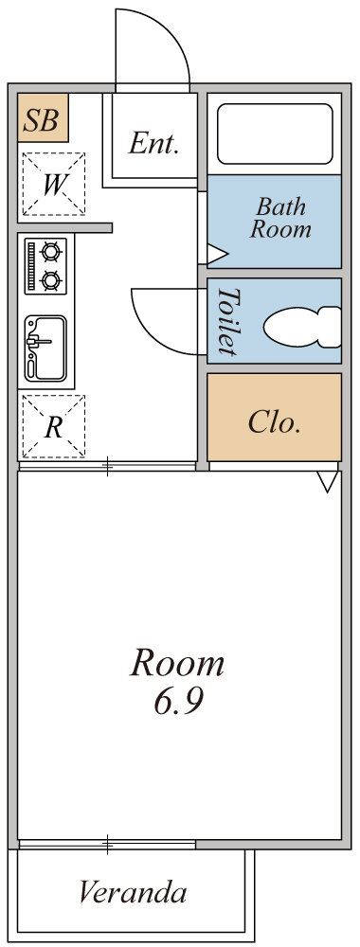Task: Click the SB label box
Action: pyautogui.click(x=43, y=117)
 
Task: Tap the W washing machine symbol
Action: pyautogui.click(x=54, y=185)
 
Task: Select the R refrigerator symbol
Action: pyautogui.click(x=54, y=426)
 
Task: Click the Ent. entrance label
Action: pyautogui.click(x=154, y=144)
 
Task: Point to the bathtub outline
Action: pyautogui.click(x=275, y=134)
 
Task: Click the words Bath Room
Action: pyautogui.click(x=280, y=218)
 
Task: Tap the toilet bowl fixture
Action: pyautogui.click(x=302, y=328)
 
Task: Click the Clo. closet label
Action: pyautogui.click(x=274, y=423)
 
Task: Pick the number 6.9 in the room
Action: pyautogui.click(x=178, y=701)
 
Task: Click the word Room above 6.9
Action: pyautogui.click(x=177, y=663)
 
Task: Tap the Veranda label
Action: pyautogui.click(x=133, y=891)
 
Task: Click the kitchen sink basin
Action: pyautogui.click(x=45, y=348)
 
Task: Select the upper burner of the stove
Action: pyautogui.click(x=51, y=250)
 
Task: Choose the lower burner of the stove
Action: pyautogui.click(x=51, y=280)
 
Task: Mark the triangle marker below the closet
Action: pyautogui.click(x=328, y=482)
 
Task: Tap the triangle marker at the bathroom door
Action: pyautogui.click(x=217, y=254)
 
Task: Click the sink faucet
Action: pyautogui.click(x=39, y=342)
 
